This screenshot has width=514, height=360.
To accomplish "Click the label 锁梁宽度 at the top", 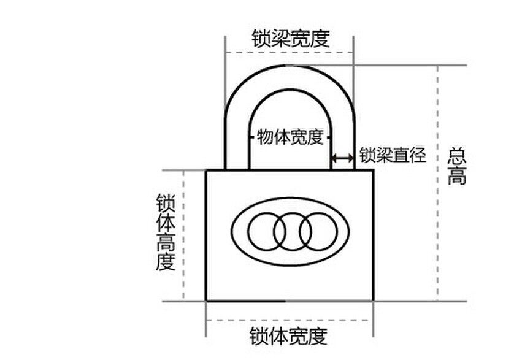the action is coord(290,39).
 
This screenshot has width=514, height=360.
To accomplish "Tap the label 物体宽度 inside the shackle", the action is coord(290,136).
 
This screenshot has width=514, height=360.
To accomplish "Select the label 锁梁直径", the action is coord(393,155).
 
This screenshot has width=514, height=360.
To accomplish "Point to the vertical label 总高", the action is coord(457,166).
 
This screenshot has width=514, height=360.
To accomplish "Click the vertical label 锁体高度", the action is coord(166,233).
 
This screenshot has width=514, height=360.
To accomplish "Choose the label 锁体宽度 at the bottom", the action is coord(288,336).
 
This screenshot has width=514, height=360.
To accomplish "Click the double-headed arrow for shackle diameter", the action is coord(343,158).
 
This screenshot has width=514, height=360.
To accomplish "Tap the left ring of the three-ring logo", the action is coord(267,231).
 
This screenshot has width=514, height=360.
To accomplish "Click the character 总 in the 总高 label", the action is coord(457,155).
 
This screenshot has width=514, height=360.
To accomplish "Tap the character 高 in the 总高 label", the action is coord(457,177).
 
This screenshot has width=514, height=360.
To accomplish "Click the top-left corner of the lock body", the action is coord(206,170).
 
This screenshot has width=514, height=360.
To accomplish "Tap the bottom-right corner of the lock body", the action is coord(373,301).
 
